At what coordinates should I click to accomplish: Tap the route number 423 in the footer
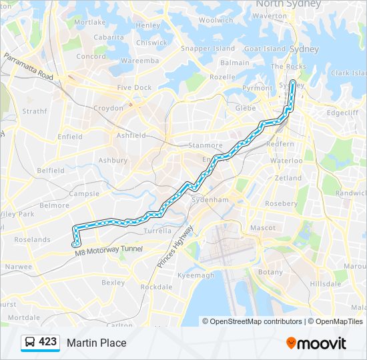[47, 342]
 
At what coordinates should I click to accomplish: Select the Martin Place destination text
[96, 343]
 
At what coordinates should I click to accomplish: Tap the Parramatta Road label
[28, 67]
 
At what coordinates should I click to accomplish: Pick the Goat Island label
[265, 49]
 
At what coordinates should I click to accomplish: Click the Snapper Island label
[208, 49]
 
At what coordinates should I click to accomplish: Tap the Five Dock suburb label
[134, 87]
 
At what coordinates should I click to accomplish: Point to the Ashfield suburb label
[131, 135]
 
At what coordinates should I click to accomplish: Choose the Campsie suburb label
[85, 194]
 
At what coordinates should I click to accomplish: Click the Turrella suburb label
[157, 231]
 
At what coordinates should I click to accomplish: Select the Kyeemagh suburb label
[196, 275]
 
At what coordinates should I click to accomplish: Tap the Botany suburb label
[270, 272]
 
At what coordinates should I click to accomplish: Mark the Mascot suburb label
[263, 228]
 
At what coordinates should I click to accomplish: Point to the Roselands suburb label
[32, 239]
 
